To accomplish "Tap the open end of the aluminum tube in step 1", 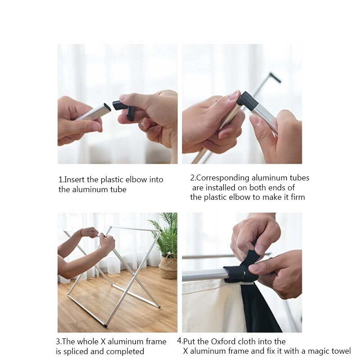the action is click(107, 107).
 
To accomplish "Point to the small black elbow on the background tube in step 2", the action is click(275, 77).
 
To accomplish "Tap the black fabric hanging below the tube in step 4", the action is click(260, 308).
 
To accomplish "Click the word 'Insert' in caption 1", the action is click(74, 180).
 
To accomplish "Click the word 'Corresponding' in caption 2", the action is click(223, 178).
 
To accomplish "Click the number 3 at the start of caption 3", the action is click(58, 342).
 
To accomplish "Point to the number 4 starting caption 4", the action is click(179, 341).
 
